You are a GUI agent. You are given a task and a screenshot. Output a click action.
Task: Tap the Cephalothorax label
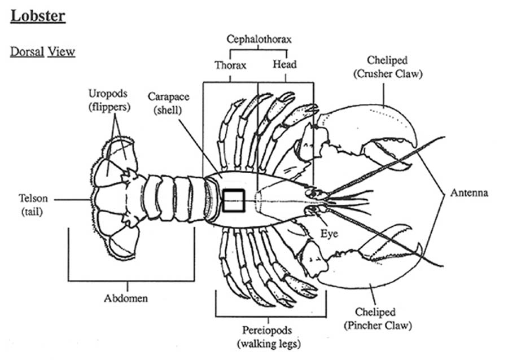click(259, 39)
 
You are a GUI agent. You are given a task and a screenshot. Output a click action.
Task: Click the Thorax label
click(230, 65)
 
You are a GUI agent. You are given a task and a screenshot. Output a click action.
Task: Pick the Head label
click(284, 64)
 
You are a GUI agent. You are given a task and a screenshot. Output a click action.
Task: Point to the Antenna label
click(468, 193)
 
